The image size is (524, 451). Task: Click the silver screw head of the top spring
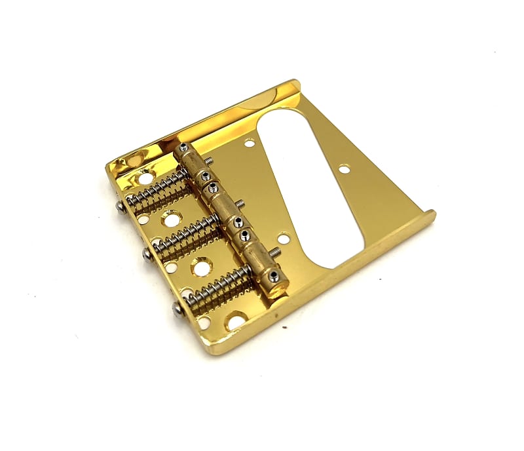(122, 206)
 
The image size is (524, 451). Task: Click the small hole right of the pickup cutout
(345, 170)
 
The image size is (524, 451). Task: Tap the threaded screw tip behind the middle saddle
(240, 204)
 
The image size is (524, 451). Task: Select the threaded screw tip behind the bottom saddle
(276, 251)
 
